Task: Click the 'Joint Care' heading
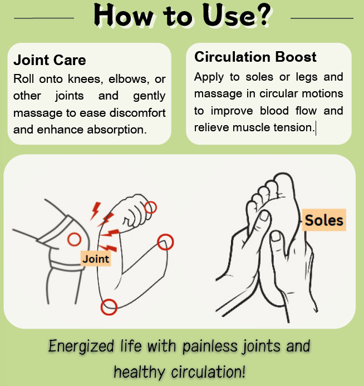[x=50, y=60]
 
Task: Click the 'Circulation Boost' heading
[x=255, y=57]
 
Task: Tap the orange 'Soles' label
[x=324, y=220]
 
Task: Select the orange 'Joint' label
[x=96, y=259]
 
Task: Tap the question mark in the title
[x=263, y=15]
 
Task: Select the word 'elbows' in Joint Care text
[x=129, y=79]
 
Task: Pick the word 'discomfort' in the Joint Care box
[x=137, y=113]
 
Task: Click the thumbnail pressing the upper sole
[x=264, y=216]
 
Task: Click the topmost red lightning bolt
[x=96, y=211]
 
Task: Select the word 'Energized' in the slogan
[x=81, y=346]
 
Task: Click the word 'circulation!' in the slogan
[x=208, y=372]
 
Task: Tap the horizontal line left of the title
[x=44, y=18]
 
